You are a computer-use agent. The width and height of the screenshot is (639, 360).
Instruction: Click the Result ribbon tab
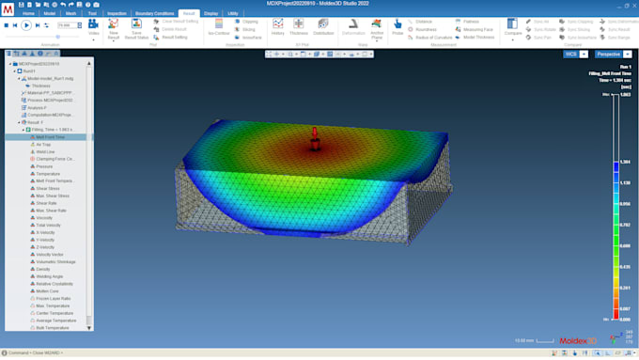(189, 14)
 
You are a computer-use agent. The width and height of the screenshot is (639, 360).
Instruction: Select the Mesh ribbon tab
(71, 14)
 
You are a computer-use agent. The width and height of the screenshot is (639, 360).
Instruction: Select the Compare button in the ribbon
(513, 27)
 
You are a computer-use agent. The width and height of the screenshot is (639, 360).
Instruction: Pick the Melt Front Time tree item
(51, 137)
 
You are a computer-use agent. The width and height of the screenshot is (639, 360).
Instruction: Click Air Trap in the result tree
(45, 145)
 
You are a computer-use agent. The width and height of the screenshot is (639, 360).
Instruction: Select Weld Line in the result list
(45, 151)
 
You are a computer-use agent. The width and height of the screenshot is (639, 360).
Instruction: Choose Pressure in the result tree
(45, 166)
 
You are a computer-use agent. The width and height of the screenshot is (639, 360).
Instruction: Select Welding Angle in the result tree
(50, 276)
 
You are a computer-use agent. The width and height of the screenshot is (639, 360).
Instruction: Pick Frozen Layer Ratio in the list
(53, 298)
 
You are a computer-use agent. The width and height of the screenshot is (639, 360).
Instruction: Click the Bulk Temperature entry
(53, 328)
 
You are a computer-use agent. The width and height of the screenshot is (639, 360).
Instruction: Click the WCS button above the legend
(570, 55)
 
